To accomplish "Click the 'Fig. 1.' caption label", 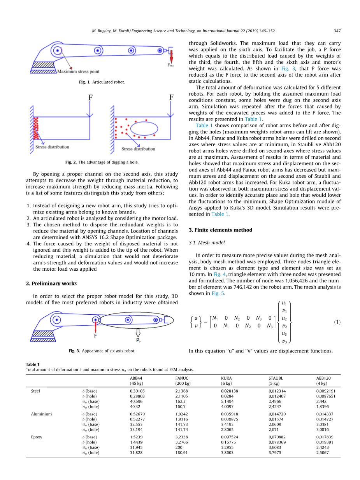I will [x=85, y=82].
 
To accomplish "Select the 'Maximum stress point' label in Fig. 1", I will [x=78, y=72].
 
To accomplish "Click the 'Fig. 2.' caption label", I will [x=71, y=162].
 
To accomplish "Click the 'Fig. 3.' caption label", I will [x=74, y=351].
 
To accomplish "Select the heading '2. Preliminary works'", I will [x=51, y=284].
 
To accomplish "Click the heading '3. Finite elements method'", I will [x=220, y=230].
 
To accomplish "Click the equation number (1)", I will [x=337, y=322].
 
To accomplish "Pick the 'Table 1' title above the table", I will [x=33, y=364].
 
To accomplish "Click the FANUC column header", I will [x=182, y=378].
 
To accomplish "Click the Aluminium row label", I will [x=41, y=414].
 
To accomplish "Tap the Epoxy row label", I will [x=37, y=437].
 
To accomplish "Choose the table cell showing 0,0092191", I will [x=326, y=391].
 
